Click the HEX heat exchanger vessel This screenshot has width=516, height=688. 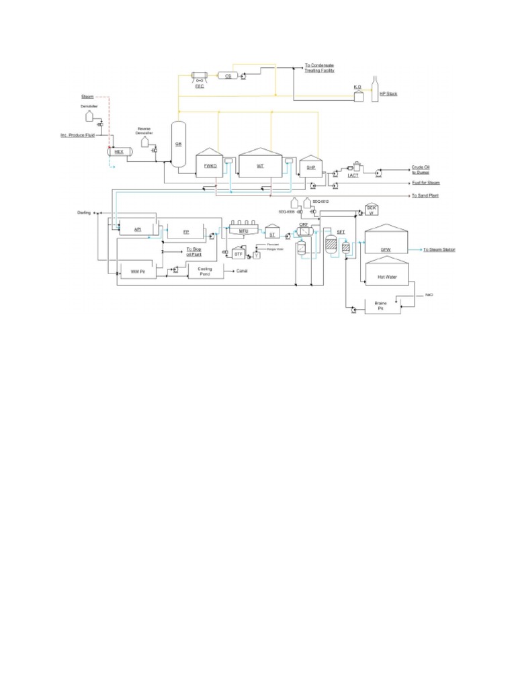[x=120, y=152]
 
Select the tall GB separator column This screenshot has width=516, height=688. [x=179, y=143]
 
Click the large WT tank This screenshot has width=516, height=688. [x=261, y=163]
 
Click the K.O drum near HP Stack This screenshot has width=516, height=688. [x=358, y=95]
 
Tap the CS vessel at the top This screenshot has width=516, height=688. [x=228, y=77]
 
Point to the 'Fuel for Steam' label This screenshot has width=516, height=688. [x=426, y=183]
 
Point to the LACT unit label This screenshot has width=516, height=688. [x=353, y=176]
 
